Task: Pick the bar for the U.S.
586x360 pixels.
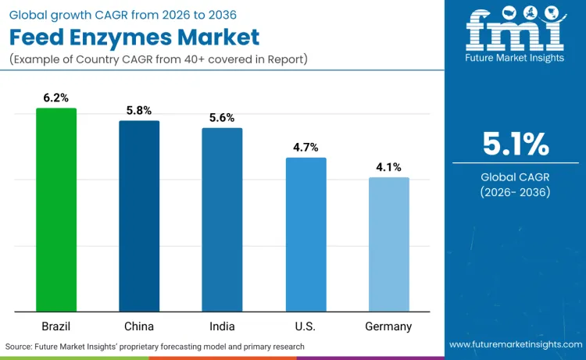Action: (306, 234)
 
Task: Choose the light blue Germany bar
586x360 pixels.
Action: (389, 244)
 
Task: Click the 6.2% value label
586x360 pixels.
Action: (56, 98)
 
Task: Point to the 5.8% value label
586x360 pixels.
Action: (139, 110)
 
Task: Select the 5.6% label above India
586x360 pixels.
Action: (222, 117)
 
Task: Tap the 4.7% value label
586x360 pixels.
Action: (306, 147)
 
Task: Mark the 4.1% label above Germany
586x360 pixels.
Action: (389, 166)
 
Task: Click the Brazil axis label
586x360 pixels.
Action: (56, 326)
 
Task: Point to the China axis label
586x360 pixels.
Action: (139, 326)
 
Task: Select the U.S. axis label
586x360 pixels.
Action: (306, 326)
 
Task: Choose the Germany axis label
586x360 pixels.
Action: (389, 326)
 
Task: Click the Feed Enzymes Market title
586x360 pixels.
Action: (134, 37)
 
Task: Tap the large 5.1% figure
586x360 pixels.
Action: (516, 144)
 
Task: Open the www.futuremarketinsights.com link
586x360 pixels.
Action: (515, 344)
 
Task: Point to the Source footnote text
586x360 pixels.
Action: (155, 346)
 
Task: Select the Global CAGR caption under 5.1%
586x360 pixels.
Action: (516, 184)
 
